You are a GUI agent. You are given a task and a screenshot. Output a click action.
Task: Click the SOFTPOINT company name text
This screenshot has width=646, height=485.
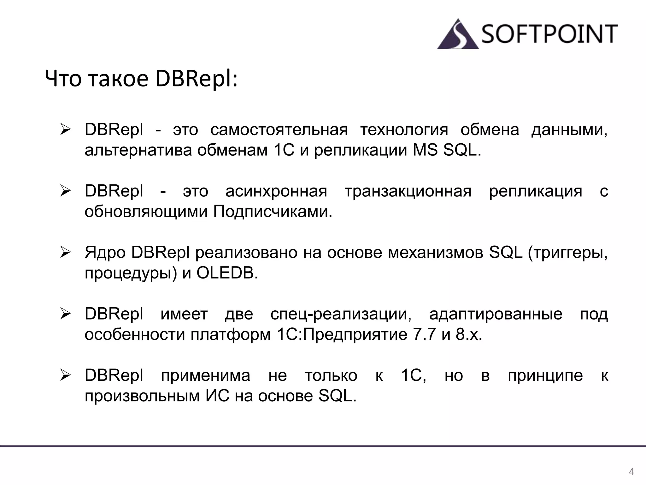tap(549, 34)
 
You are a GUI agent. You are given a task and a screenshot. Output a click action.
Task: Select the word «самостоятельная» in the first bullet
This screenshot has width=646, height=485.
tap(279, 130)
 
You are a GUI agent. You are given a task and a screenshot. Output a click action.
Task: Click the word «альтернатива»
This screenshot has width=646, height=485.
tap(138, 150)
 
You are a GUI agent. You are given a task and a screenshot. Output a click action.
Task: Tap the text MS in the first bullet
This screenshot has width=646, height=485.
tap(425, 150)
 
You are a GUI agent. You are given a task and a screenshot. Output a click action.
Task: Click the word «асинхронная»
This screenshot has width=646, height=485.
tap(276, 191)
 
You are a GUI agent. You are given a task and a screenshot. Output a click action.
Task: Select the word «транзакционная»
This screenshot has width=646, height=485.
tap(408, 191)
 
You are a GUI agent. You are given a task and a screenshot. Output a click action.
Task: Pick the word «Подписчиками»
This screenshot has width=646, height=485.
tap(273, 212)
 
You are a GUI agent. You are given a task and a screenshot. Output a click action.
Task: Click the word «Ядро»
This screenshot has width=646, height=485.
tap(105, 253)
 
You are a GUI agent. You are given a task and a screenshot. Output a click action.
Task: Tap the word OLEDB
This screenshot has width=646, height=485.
tap(227, 273)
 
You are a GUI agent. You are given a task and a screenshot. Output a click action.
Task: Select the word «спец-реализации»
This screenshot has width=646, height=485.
tap(341, 314)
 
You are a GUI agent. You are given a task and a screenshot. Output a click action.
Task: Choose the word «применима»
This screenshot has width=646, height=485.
tap(206, 376)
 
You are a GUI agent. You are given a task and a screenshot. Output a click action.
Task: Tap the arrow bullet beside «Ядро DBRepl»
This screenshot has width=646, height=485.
tap(65, 253)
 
